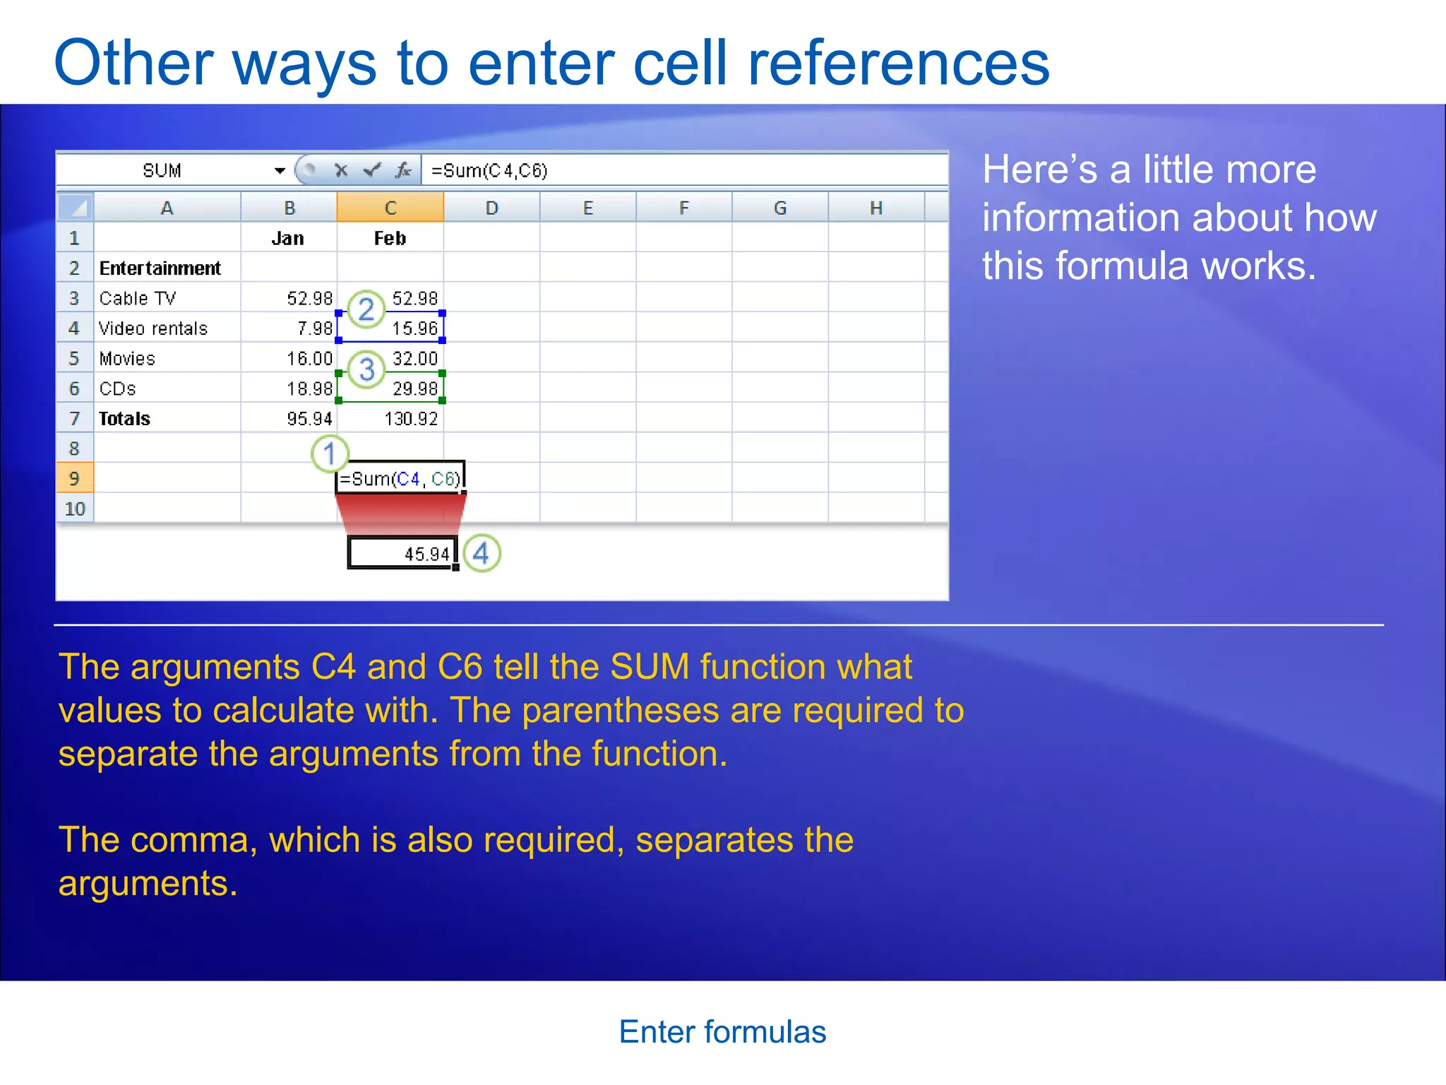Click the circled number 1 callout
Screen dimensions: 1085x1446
330,453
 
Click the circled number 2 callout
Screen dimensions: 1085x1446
366,309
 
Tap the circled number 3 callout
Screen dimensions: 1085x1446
366,369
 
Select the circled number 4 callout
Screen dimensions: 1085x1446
482,553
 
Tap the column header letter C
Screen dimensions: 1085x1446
390,208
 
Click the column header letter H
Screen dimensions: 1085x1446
876,208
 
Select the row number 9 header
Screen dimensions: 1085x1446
74,478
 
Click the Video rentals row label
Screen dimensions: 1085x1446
153,328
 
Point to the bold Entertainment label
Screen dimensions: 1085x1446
160,268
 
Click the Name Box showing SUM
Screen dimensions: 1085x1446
162,170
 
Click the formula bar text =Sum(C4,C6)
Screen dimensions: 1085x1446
489,170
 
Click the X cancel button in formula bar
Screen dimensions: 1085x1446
341,170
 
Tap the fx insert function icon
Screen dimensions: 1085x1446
403,170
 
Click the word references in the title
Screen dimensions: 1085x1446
898,64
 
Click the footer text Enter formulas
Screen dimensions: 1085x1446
722,1032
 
